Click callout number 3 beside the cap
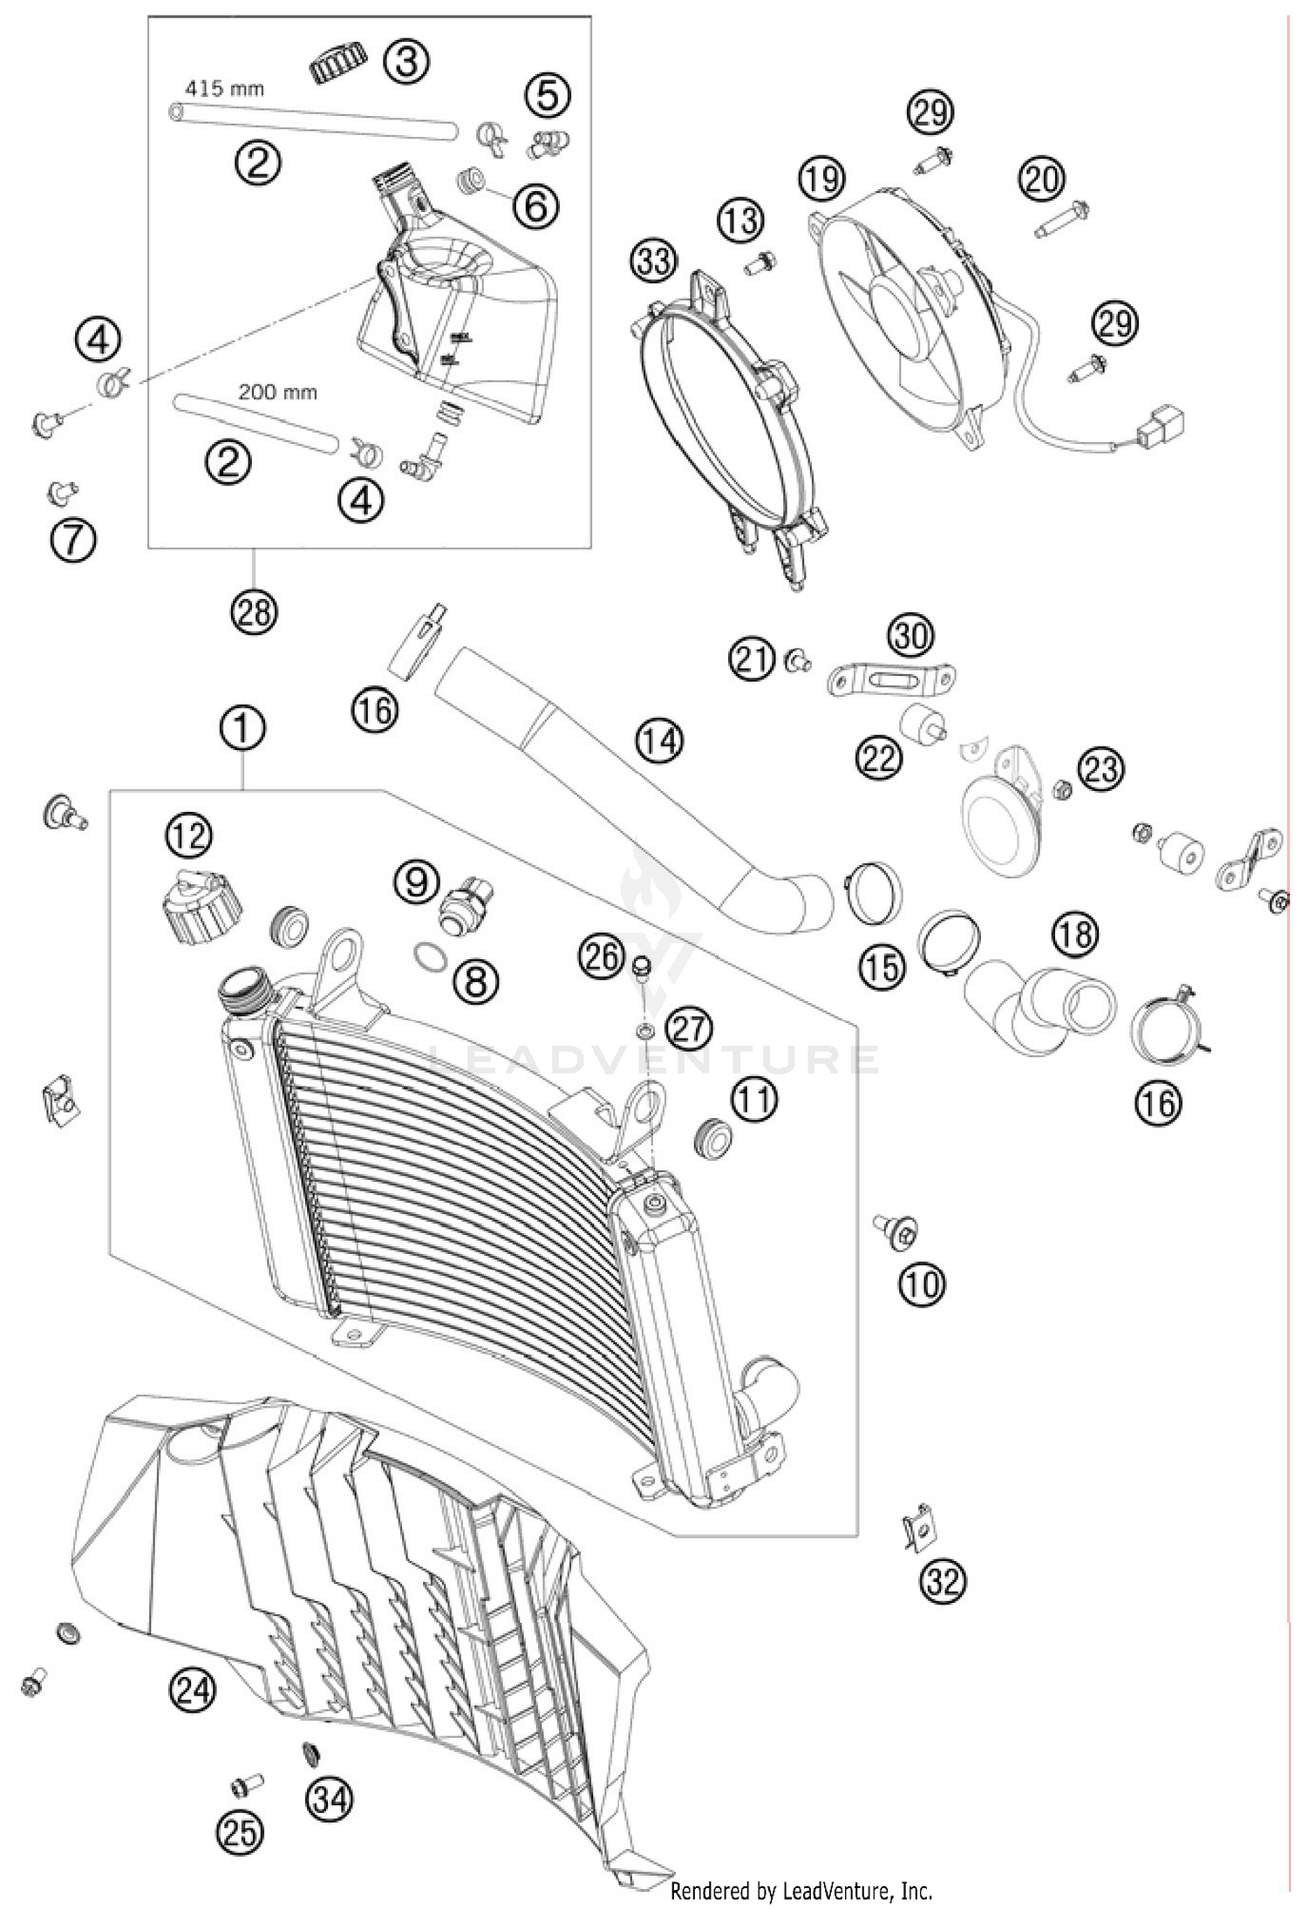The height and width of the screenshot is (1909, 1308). coord(407,63)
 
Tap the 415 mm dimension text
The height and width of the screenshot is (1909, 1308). coord(224,88)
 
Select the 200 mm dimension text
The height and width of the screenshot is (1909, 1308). coord(277,392)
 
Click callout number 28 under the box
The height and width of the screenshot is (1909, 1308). coord(254,613)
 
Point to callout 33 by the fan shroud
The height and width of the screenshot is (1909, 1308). coord(654,261)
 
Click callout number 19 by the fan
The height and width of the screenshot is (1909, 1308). coord(822,179)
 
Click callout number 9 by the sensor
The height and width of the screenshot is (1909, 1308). coord(416,883)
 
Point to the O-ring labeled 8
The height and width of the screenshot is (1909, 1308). coord(428,958)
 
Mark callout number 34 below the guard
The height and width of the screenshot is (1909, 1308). coord(329,1799)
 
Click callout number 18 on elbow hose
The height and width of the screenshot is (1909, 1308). coord(1076,935)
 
